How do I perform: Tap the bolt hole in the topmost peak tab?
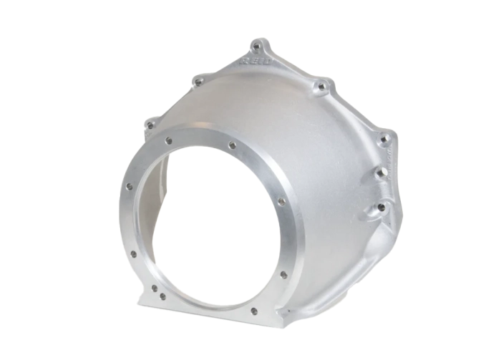[257, 47]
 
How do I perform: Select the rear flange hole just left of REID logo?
[198, 83]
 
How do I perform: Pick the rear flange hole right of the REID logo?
[322, 87]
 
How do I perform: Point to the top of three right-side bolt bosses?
[384, 139]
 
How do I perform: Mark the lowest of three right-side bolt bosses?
[381, 207]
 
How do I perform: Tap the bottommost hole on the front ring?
[253, 311]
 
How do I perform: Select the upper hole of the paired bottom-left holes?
[154, 288]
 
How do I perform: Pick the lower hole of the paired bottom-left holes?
[162, 296]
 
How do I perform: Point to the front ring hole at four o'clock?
[283, 274]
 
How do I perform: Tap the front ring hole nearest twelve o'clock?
[231, 145]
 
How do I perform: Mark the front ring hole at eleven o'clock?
[168, 141]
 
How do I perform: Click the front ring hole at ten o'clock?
[129, 187]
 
